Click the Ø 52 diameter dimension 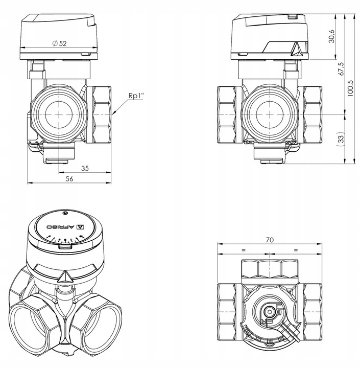coord(60,43)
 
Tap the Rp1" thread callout coord(136,96)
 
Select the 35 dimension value coord(85,168)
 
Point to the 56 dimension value coord(69,179)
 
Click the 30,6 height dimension coord(331,36)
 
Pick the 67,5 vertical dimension coord(341,69)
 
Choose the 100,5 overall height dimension coord(350,88)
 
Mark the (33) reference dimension coord(341,137)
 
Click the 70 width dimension coord(270,240)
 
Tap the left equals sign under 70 coord(244,250)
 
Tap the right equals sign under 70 coord(296,250)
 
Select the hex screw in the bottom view coord(270,312)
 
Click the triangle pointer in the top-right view coord(297,50)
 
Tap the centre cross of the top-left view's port coord(59,114)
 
